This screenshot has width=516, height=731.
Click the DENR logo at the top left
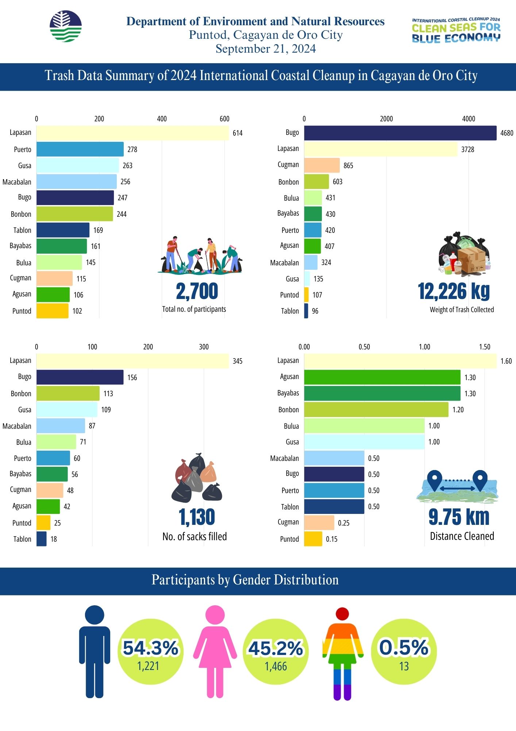click(66, 26)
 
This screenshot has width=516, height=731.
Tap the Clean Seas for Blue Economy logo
click(456, 31)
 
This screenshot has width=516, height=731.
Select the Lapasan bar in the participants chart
click(132, 133)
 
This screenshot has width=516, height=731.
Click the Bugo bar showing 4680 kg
click(400, 133)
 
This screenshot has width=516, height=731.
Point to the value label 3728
click(467, 149)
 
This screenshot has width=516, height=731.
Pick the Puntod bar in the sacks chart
click(43, 523)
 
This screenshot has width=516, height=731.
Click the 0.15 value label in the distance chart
click(331, 539)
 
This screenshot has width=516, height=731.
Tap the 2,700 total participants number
click(197, 292)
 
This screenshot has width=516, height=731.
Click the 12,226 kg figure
click(454, 292)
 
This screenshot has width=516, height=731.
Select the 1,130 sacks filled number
click(197, 517)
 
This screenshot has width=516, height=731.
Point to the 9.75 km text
click(459, 517)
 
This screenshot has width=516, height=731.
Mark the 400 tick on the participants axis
click(162, 119)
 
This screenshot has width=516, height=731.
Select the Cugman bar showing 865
click(321, 165)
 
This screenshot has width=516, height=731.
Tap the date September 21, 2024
click(266, 49)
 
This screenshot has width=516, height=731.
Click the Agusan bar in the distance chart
click(382, 377)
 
